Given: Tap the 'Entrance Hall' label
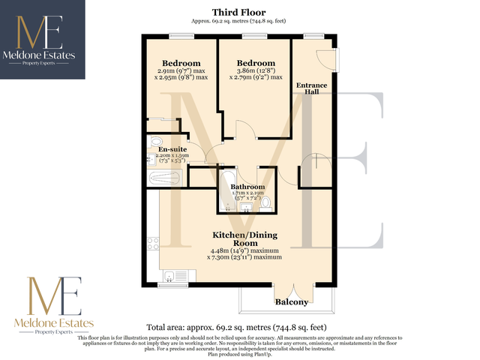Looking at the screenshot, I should click(x=312, y=89).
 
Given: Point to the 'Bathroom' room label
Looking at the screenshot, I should click(x=247, y=187).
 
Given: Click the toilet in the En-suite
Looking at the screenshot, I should click(x=156, y=141).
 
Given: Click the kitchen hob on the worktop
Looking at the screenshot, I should click(x=154, y=243).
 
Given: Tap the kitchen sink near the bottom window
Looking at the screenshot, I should click(x=171, y=275).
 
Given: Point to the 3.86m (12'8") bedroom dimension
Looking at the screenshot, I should click(x=256, y=70).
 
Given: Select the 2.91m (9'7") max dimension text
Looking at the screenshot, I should click(x=184, y=70).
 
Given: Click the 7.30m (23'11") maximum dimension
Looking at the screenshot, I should click(x=249, y=257).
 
